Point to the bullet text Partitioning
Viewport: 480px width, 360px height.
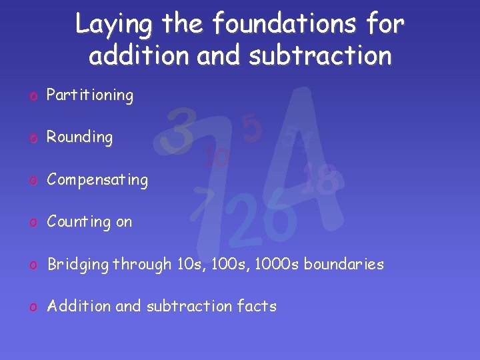90,95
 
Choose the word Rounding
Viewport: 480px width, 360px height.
79,137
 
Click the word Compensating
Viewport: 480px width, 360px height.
97,179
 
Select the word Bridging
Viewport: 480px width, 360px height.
78,265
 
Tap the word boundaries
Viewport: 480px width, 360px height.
344,264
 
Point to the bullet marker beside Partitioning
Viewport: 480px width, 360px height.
32,96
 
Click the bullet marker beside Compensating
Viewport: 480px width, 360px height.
32,180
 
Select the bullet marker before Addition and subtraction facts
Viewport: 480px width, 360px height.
32,307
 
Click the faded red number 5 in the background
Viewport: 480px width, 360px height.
251,128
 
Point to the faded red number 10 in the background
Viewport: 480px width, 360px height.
217,157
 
